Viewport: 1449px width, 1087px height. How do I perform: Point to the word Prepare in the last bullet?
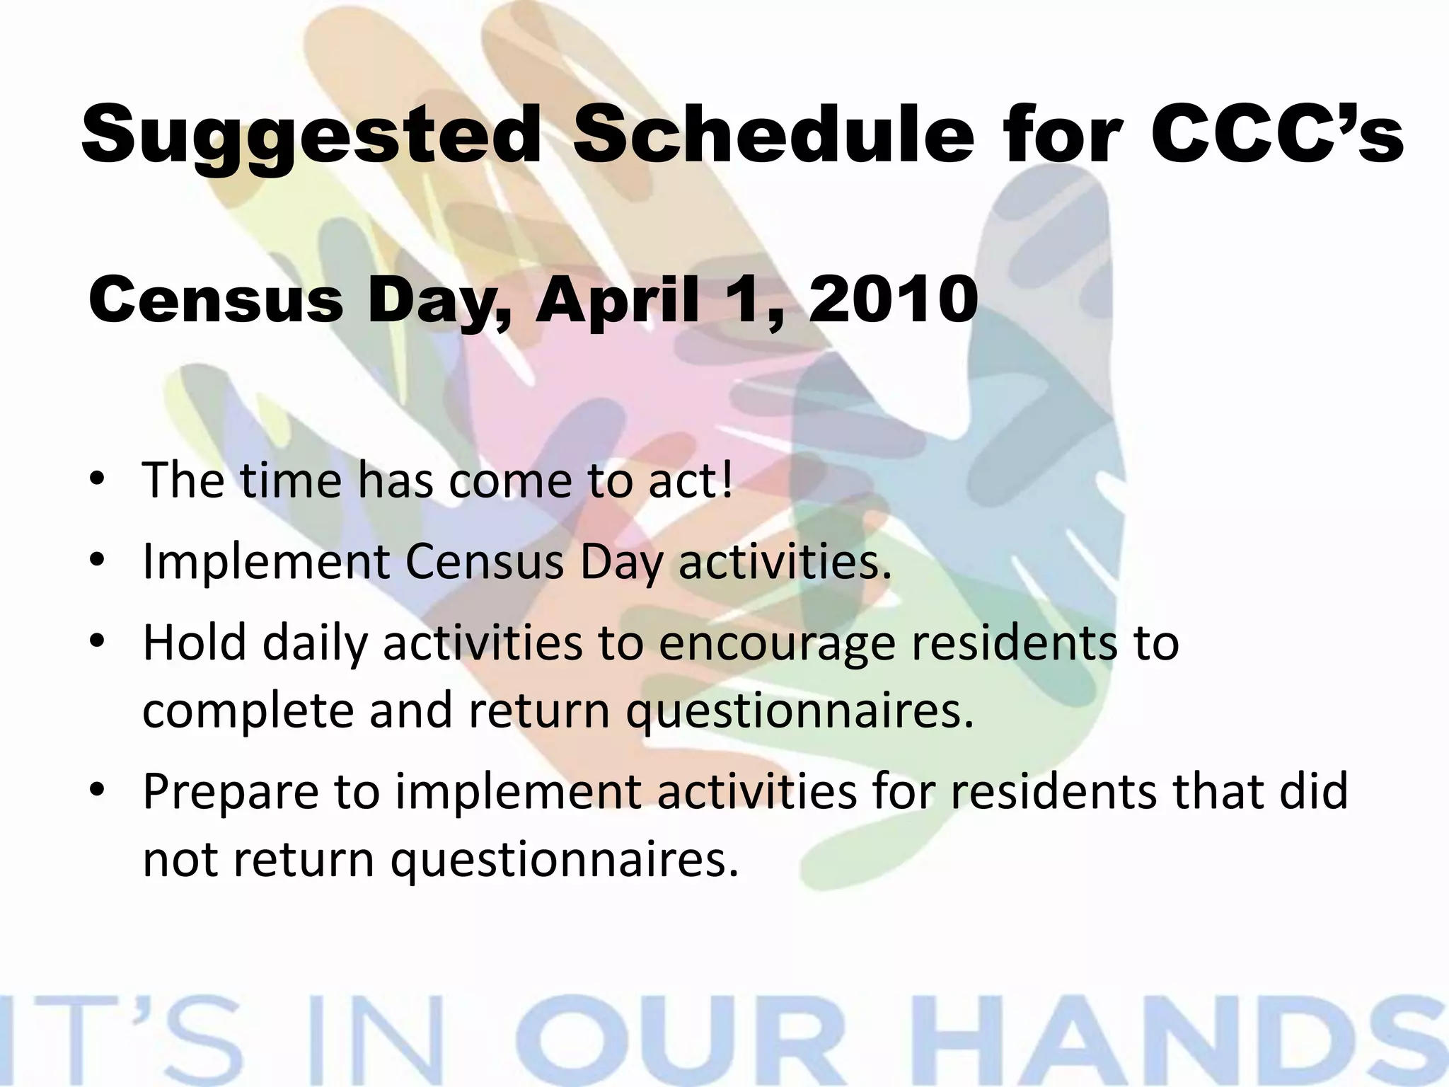point(231,790)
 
